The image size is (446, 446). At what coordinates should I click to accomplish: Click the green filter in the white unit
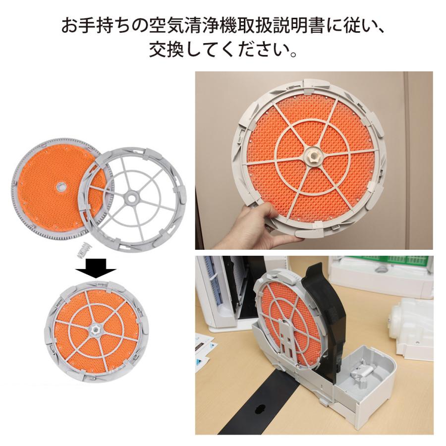point(391,263)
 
